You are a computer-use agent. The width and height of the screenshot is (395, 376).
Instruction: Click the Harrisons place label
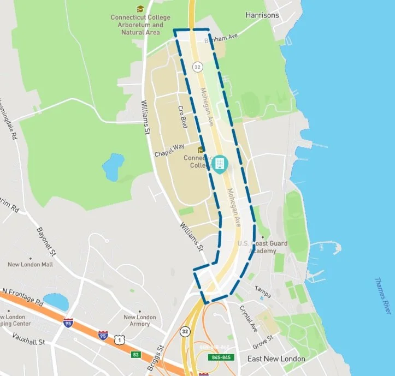click(262, 15)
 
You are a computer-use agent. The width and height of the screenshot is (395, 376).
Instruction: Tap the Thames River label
click(382, 295)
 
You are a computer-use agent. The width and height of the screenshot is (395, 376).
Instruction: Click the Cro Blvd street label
click(183, 116)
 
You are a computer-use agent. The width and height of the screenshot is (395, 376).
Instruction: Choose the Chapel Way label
click(170, 151)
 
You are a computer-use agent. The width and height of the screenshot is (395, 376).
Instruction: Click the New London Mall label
click(30, 265)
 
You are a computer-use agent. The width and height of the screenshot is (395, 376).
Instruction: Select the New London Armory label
click(140, 320)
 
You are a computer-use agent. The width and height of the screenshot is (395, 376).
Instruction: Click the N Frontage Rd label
click(22, 296)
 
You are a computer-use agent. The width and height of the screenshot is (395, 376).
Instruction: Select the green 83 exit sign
click(135, 355)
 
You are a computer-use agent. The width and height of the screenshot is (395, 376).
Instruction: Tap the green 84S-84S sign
click(221, 357)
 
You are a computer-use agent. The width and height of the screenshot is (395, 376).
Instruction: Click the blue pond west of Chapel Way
click(113, 166)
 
